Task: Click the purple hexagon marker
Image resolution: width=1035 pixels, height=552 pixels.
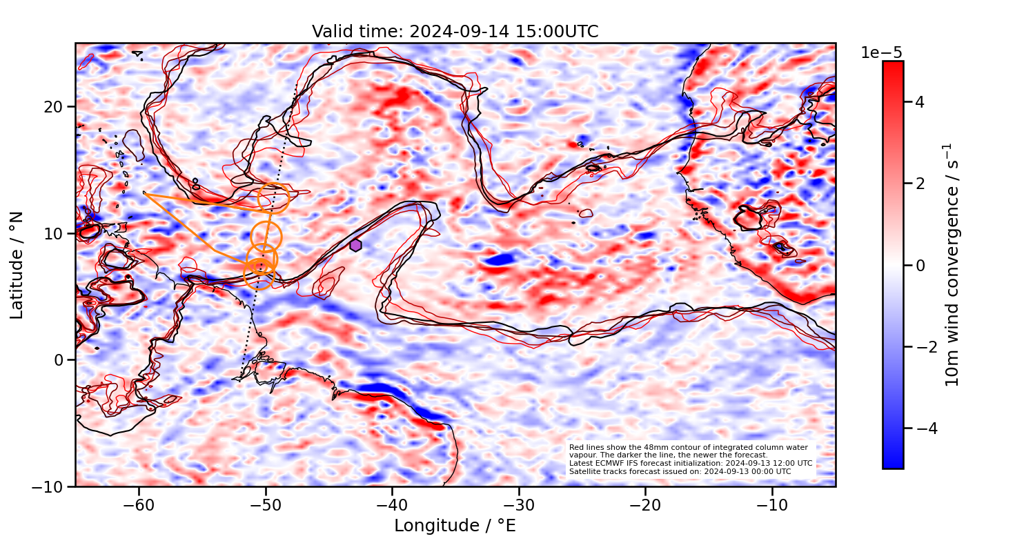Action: point(355,245)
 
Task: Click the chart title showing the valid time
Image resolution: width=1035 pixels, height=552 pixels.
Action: point(455,32)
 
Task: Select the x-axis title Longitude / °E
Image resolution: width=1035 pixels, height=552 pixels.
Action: point(455,526)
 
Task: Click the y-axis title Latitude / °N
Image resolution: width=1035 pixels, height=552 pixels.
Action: point(17,265)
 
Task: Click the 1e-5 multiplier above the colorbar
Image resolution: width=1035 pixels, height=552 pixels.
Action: point(881,53)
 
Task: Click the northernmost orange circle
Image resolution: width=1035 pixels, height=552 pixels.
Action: point(273,198)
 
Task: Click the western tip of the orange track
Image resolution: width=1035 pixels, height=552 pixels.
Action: point(144,193)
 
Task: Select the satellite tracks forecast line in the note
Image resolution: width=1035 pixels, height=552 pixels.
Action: point(680,471)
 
